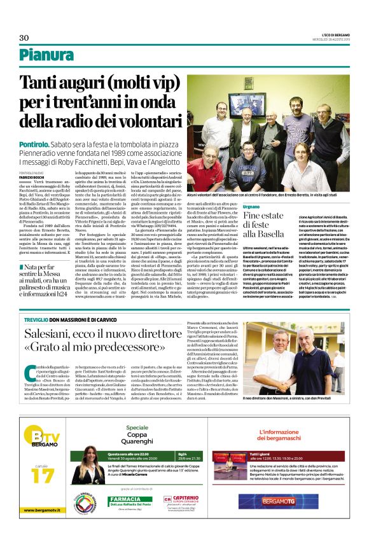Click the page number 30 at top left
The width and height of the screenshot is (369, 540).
click(x=24, y=38)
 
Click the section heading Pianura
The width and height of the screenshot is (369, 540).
click(x=46, y=55)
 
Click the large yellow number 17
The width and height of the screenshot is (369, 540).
click(x=43, y=473)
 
